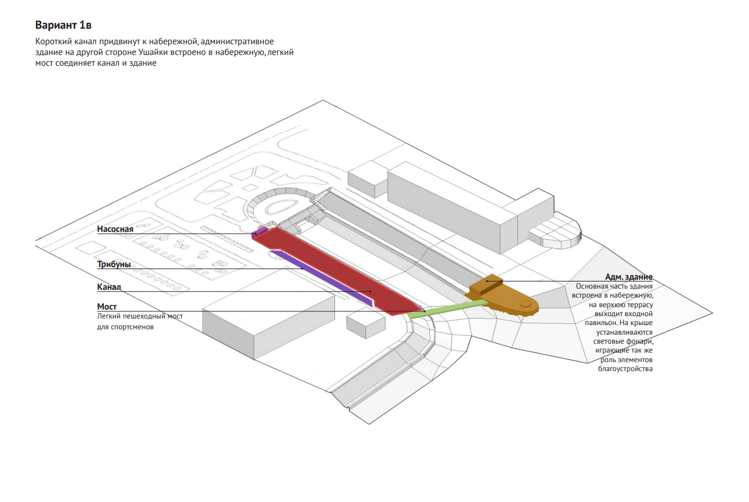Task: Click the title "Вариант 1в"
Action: tap(63, 25)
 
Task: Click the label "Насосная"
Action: tap(115, 229)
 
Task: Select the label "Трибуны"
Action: tap(114, 264)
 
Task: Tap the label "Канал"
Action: tap(109, 287)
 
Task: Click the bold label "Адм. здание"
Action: tap(628, 277)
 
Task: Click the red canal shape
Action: tap(334, 269)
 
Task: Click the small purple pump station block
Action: tap(260, 231)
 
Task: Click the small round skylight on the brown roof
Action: tap(525, 304)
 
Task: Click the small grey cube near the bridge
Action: tap(366, 326)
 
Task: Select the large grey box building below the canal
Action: tap(269, 326)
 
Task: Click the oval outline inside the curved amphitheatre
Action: tap(281, 206)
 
